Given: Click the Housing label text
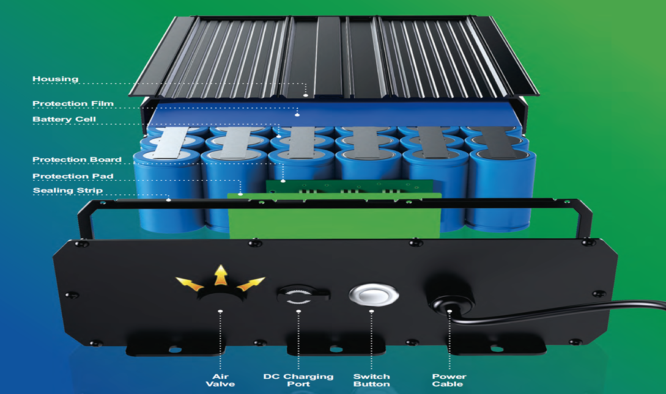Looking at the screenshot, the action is tap(56, 79).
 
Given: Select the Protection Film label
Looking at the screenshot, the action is tap(73, 103).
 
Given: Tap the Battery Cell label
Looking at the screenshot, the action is tap(64, 120).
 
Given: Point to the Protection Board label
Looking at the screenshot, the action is tap(77, 160).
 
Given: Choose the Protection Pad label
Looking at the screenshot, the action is tap(73, 176).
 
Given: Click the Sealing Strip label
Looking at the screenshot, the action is tap(68, 191).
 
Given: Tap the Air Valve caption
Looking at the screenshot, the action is tap(220, 380).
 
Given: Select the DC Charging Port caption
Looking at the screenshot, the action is tap(298, 380).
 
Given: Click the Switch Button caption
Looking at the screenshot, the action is tap(372, 380).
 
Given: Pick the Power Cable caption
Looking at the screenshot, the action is tap(449, 380).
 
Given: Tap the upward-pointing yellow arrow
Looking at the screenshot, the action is tap(220, 275).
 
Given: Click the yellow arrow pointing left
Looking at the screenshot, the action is tap(190, 283).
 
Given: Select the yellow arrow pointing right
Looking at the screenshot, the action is tap(251, 283).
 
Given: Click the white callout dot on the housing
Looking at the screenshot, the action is tap(305, 95).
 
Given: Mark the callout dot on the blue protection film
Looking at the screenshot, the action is tap(297, 114).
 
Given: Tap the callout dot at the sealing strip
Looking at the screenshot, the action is tap(169, 199).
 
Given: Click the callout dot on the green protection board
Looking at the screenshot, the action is tap(283, 181).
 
